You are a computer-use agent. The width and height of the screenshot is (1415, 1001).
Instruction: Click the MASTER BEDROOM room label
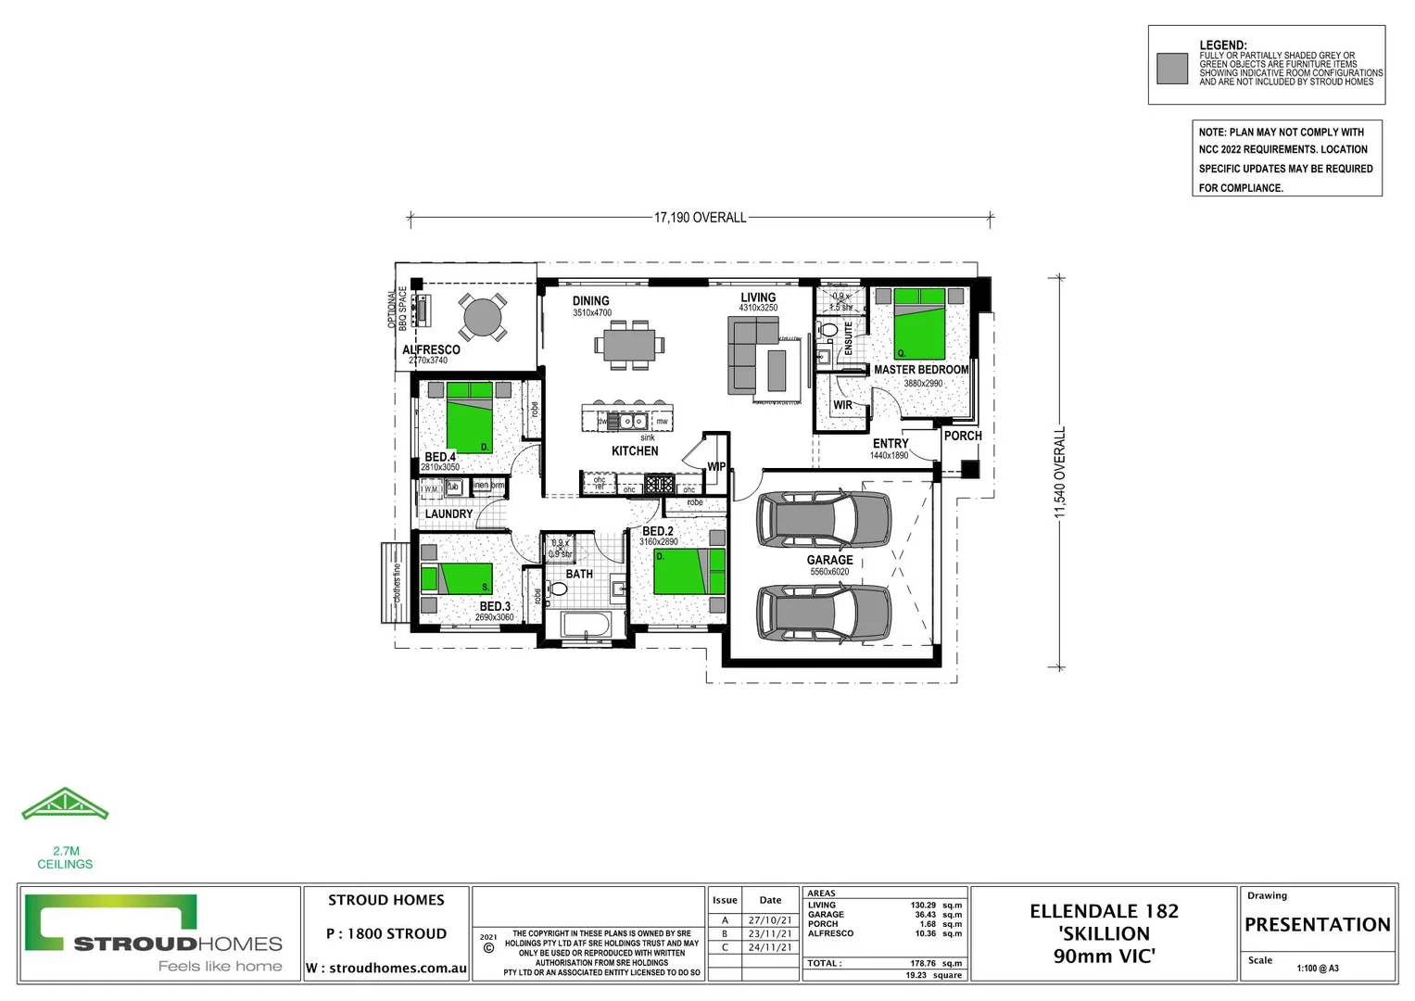pos(921,370)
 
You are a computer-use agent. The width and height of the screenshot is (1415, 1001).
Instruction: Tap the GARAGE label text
pos(829,560)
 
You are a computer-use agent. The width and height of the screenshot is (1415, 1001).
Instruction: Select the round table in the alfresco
pos(482,317)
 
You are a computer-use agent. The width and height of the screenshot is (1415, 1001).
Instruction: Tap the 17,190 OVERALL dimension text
pos(700,218)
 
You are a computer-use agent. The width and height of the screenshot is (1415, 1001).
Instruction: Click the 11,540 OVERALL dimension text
pos(1060,472)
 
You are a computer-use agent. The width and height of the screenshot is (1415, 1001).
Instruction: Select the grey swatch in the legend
pos(1172,69)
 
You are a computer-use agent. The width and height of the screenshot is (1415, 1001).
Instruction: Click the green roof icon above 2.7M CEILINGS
pos(65,805)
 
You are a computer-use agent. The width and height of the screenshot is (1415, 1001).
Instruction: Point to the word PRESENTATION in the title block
pos(1317,925)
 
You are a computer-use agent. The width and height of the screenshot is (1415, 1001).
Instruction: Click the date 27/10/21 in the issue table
pos(770,920)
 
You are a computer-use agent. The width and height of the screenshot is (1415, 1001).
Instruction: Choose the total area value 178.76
pos(922,963)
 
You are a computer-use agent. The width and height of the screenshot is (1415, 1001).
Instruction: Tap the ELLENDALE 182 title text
pos(1104,911)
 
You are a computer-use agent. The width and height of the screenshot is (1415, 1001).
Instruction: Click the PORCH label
pos(963,436)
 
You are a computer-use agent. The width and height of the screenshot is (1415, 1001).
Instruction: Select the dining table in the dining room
pos(629,345)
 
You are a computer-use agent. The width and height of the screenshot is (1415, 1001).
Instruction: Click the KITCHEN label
pos(635,451)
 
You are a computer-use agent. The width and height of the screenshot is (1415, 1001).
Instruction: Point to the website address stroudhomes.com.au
pos(398,968)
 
